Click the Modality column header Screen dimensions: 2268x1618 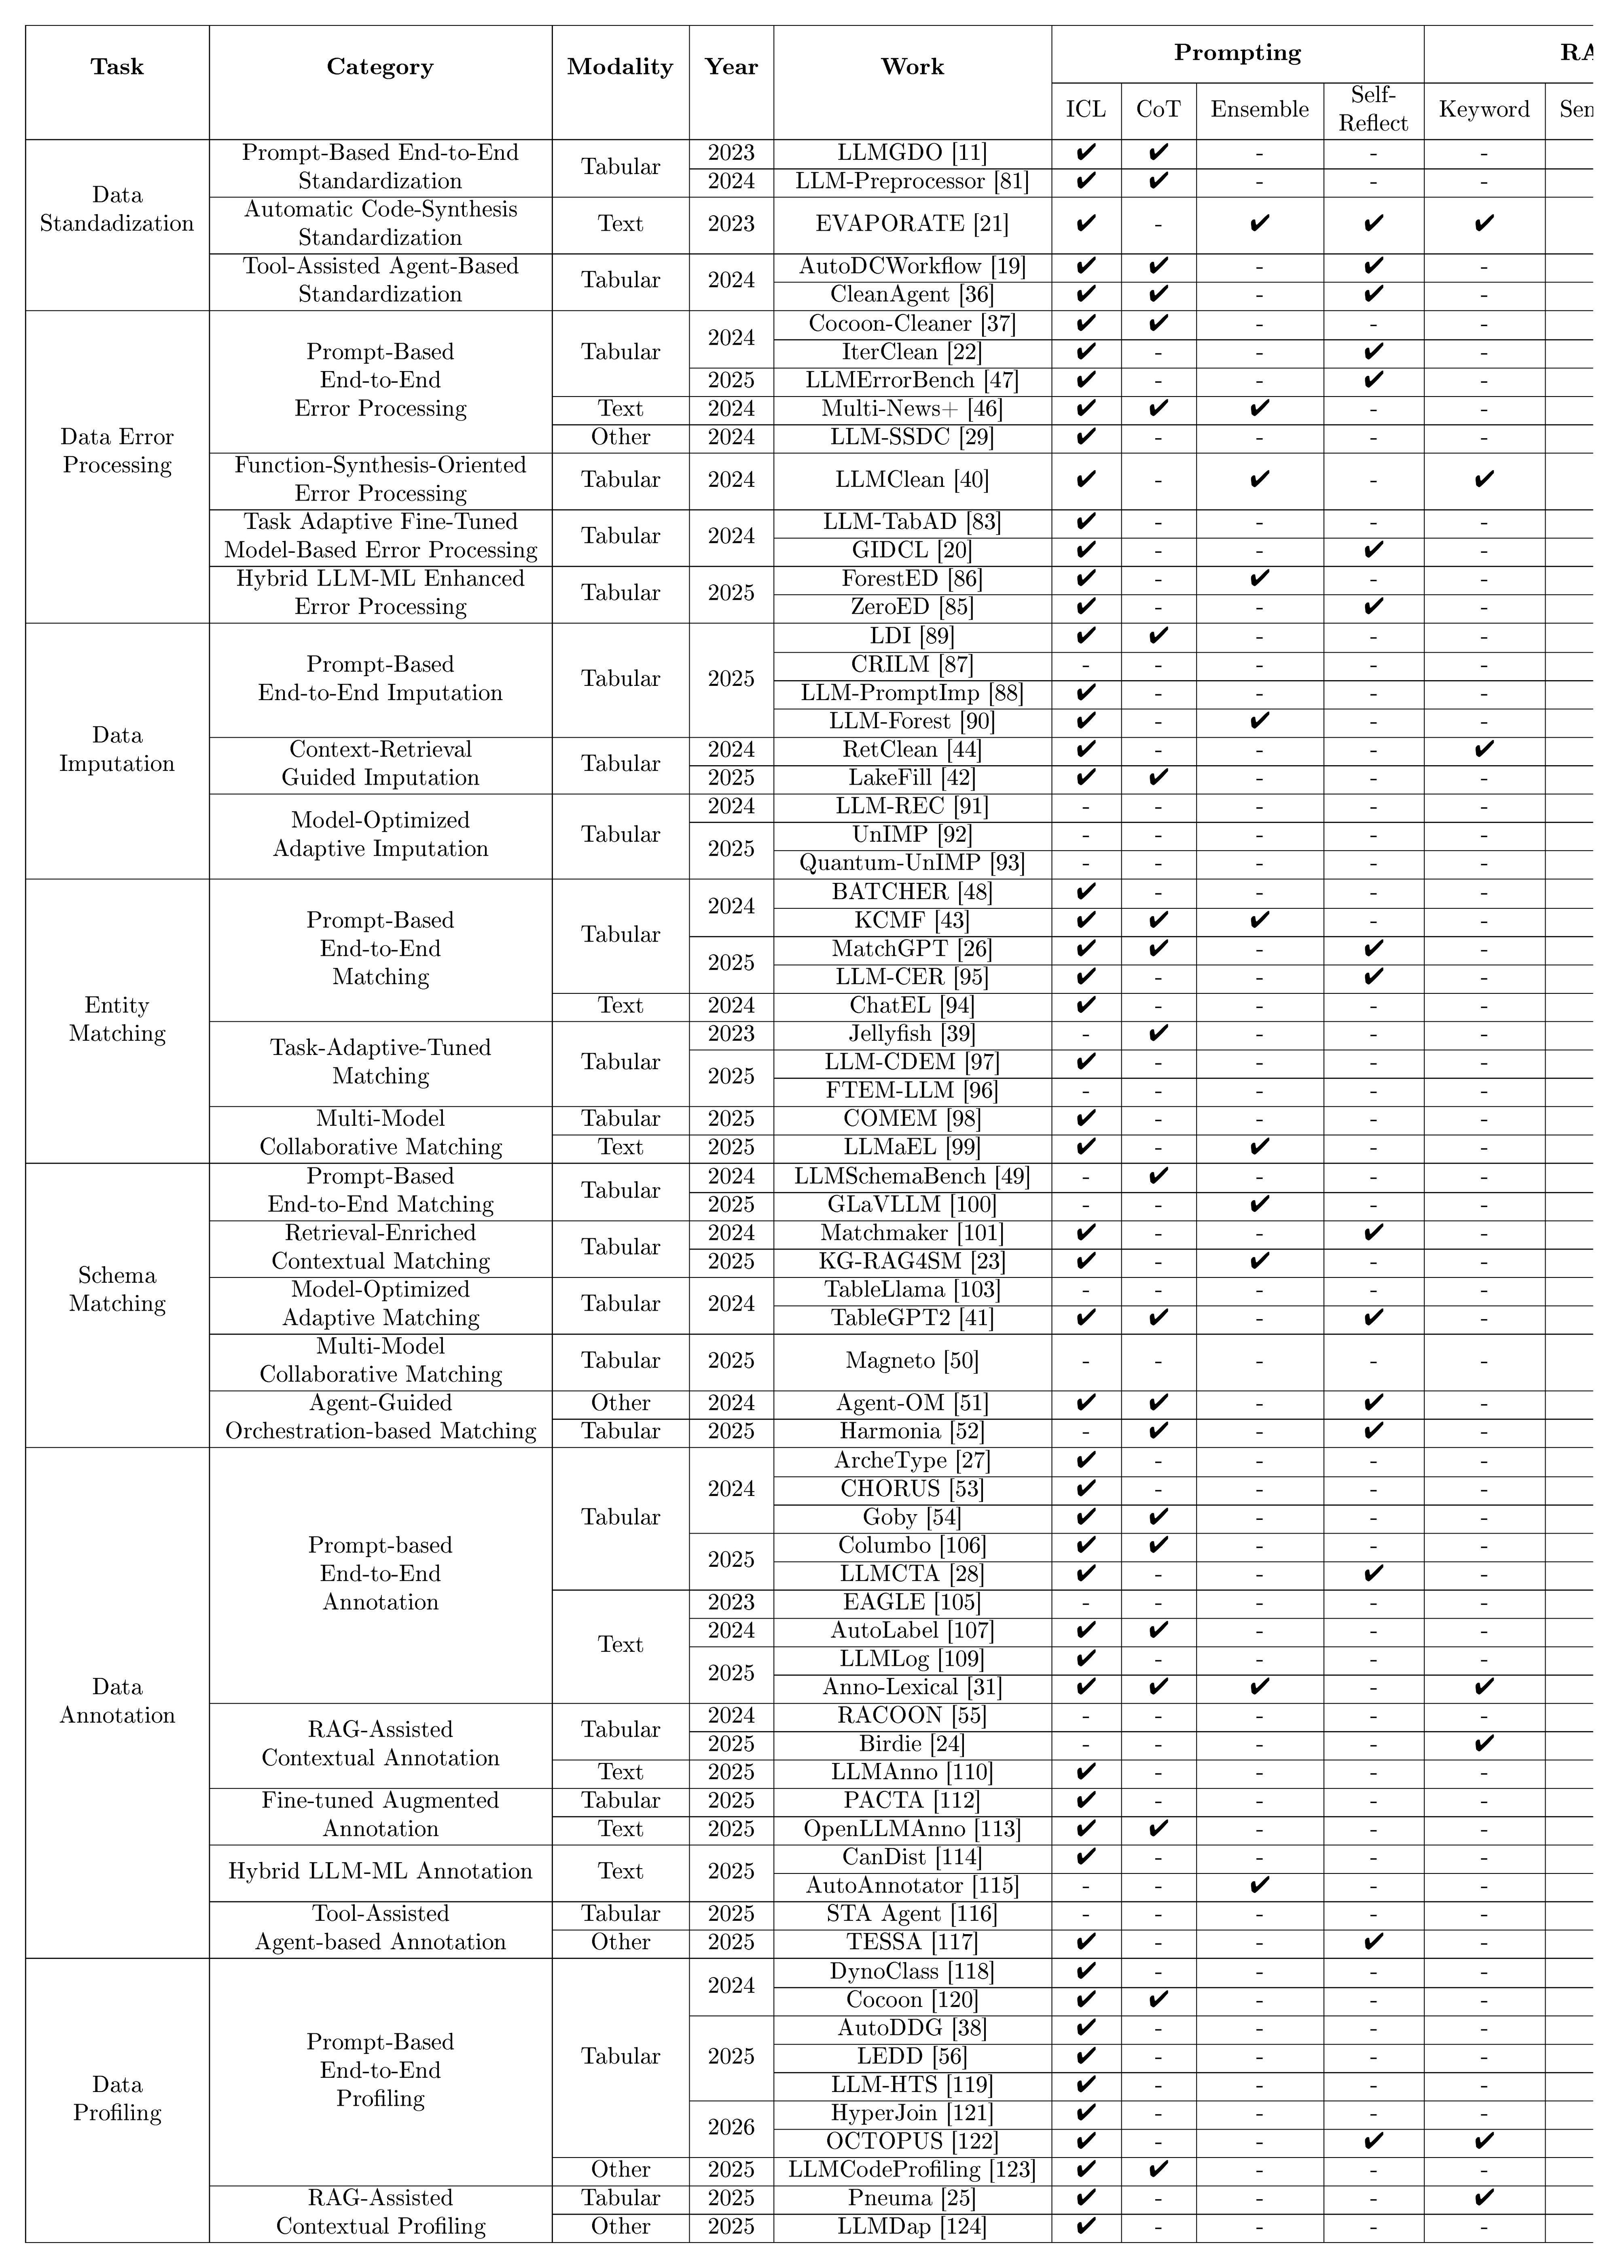point(620,67)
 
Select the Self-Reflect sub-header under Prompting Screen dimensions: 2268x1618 point(1373,108)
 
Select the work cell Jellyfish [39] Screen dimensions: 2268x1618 point(912,1034)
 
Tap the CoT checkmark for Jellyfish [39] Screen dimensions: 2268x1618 point(1158,1034)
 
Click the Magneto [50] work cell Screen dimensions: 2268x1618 point(912,1361)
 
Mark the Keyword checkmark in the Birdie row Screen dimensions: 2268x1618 point(1483,1744)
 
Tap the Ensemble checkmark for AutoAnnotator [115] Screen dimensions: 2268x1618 point(1259,1885)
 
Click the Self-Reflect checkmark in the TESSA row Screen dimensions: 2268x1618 point(1373,1942)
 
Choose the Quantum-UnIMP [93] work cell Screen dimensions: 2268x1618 point(912,863)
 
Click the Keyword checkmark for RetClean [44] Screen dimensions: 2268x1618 point(1483,749)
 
